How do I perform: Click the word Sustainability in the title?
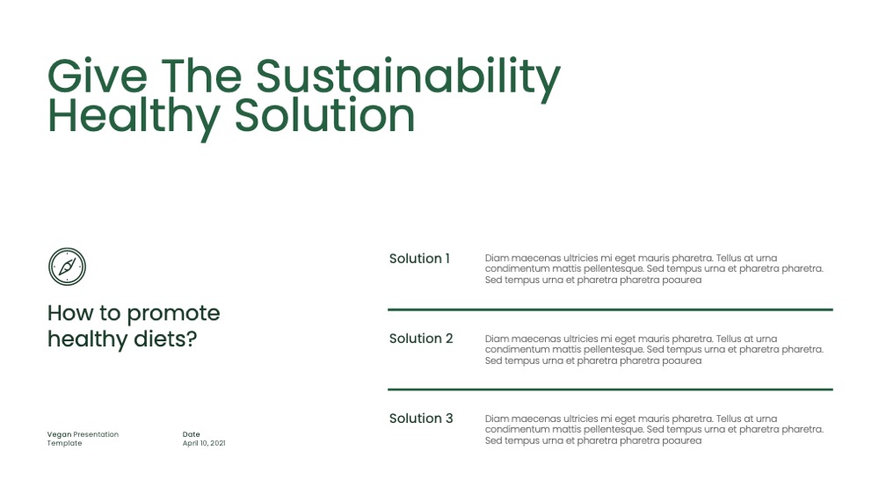pos(408,79)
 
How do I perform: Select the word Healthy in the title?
pos(134,119)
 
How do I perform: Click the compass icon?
pos(68,266)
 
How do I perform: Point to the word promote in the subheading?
pos(173,314)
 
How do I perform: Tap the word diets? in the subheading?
pos(165,338)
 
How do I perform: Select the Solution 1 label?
pos(419,258)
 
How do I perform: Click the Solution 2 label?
pos(421,338)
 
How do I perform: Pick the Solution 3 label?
pos(421,419)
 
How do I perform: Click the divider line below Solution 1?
pos(610,309)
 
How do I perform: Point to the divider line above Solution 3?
pos(610,389)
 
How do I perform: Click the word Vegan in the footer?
pos(60,434)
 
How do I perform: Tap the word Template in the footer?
pos(64,443)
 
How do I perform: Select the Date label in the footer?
pos(191,434)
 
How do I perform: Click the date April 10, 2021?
pos(204,443)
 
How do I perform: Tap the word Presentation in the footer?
pos(96,434)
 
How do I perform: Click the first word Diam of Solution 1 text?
pos(497,258)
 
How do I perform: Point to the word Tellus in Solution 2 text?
pos(729,338)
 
